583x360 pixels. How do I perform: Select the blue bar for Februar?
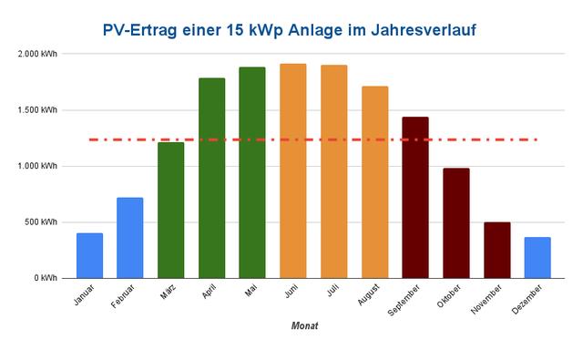[130, 238]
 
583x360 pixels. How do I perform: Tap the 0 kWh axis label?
[46, 278]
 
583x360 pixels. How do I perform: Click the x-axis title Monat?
[304, 325]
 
